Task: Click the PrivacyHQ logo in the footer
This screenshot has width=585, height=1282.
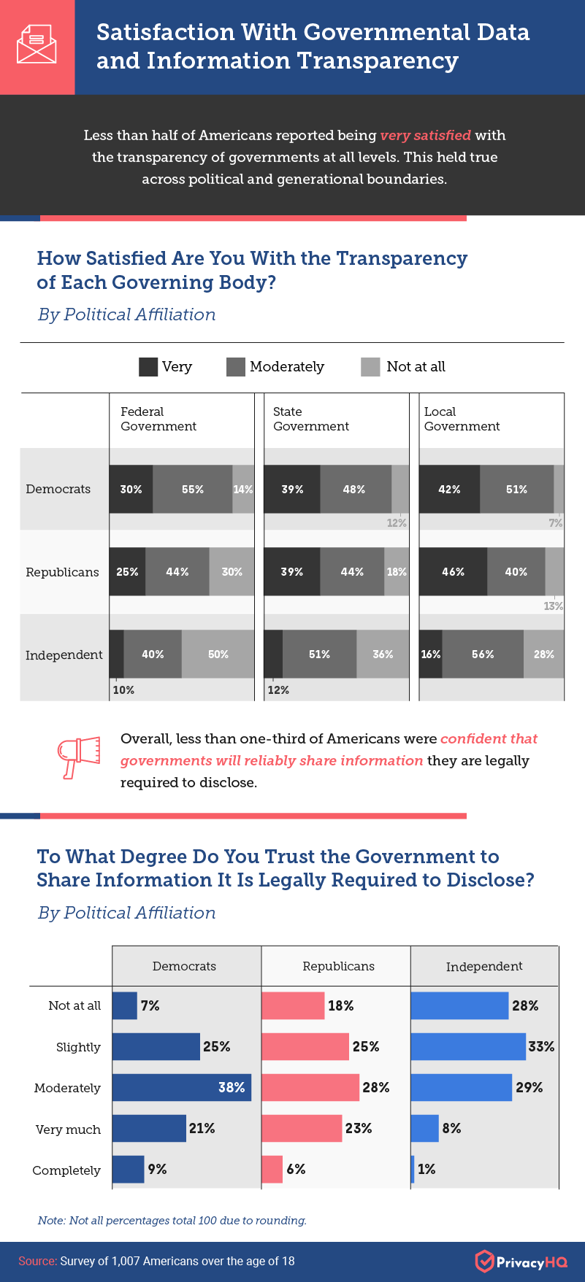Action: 520,1262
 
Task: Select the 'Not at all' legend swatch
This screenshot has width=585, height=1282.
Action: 370,367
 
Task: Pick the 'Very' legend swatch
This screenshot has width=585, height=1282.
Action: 148,367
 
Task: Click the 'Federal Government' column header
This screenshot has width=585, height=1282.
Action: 158,420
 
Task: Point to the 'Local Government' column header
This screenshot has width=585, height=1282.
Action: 462,420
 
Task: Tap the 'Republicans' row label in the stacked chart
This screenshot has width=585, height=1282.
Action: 62,572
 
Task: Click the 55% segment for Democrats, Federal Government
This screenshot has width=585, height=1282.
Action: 193,489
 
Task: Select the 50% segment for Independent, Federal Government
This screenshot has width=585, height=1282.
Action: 218,654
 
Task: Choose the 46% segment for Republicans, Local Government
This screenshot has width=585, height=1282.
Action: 453,572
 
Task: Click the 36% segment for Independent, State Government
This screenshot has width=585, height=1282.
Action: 383,654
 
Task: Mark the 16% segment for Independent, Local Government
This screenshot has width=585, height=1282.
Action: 430,654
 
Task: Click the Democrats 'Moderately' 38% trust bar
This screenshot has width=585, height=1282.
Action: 181,1087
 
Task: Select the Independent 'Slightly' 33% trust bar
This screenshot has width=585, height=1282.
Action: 468,1046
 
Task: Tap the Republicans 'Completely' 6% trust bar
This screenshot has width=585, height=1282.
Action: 272,1169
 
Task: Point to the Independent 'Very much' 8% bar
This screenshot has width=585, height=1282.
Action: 424,1128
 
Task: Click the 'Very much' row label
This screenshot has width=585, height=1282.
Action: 68,1130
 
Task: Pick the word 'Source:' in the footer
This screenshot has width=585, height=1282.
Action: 38,1261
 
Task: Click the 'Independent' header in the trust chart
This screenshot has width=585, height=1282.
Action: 484,966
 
